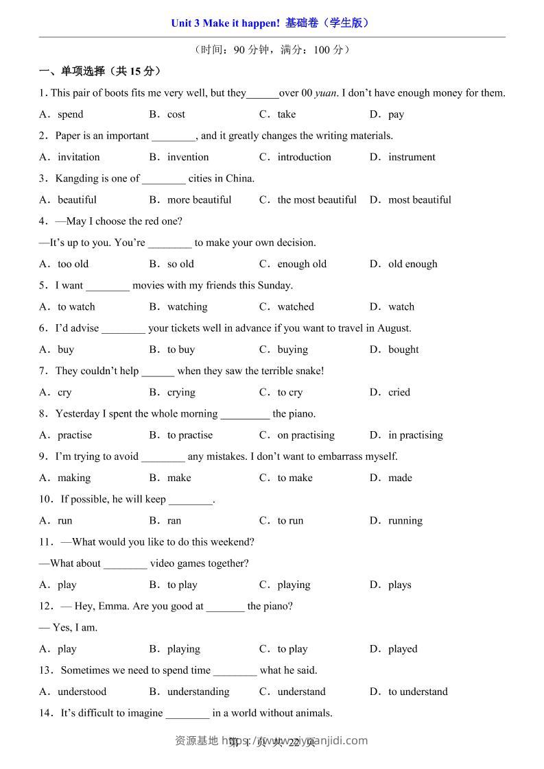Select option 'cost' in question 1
pos(176,114)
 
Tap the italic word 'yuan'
pos(327,93)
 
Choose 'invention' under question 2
pos(188,157)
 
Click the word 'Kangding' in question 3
pos(78,178)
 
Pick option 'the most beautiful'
pos(317,200)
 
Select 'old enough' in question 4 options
pos(412,264)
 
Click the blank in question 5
pos(108,286)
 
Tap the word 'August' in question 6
pos(392,328)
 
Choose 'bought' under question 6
pos(403,350)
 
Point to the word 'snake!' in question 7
pos(308,371)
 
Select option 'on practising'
pos(306,435)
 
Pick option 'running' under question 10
pos(405,521)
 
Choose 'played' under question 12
pos(403,649)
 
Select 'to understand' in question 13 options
pos(418,692)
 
